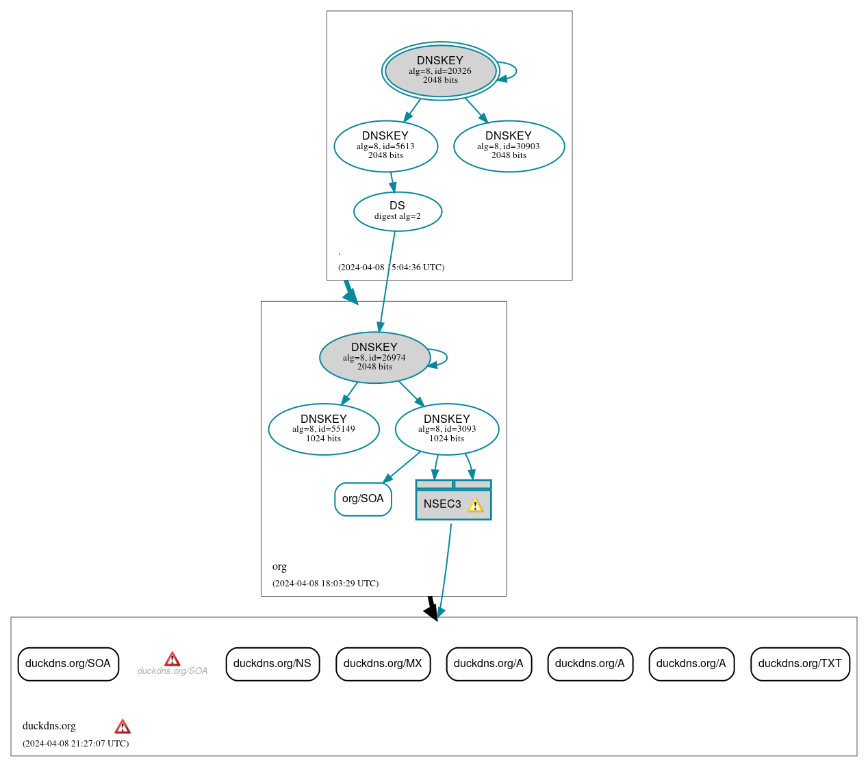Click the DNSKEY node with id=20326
pos(440,70)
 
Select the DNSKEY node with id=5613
pos(385,146)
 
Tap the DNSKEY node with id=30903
pos(509,146)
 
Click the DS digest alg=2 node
pos(397,211)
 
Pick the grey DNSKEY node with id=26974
pos(374,357)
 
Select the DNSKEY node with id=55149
pos(323,429)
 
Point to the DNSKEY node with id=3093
pos(446,429)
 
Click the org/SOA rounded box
pos(363,499)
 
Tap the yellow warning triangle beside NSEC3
pos(475,506)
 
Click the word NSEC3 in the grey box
pos(442,504)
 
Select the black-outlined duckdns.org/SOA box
pos(68,664)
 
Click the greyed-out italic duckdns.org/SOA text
pos(172,671)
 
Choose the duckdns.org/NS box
pos(272,664)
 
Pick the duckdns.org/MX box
pos(383,664)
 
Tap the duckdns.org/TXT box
pos(800,664)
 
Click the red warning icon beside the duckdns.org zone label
pos(123,727)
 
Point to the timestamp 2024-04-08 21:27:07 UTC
pos(75,744)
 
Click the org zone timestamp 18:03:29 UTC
pos(325,584)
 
